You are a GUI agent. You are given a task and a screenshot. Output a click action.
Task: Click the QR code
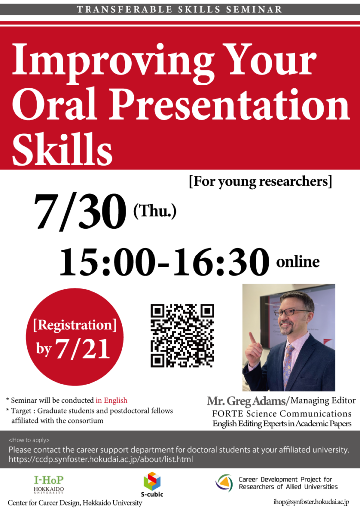click(182, 336)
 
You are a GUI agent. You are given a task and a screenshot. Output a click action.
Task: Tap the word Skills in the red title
click(62, 150)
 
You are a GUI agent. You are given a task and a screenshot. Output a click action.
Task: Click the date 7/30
click(80, 211)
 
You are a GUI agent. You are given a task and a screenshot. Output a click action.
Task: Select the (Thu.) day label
click(155, 211)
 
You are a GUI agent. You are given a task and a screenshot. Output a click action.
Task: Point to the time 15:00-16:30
click(164, 261)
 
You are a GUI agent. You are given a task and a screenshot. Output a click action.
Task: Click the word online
click(298, 261)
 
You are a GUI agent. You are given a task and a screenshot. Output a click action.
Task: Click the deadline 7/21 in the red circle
click(83, 349)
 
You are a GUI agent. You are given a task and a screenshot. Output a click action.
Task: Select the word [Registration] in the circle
click(75, 325)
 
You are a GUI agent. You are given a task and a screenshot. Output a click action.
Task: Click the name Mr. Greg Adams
click(246, 401)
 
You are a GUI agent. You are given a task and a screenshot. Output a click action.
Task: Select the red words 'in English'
click(111, 400)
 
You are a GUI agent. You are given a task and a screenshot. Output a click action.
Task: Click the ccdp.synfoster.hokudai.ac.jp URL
click(101, 459)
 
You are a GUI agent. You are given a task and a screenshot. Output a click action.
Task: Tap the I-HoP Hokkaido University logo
click(49, 484)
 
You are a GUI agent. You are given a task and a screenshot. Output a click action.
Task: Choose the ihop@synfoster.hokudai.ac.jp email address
click(311, 502)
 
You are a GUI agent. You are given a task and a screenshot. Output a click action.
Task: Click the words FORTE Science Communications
click(282, 414)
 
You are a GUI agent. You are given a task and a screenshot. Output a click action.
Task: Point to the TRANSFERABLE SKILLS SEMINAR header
click(180, 10)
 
